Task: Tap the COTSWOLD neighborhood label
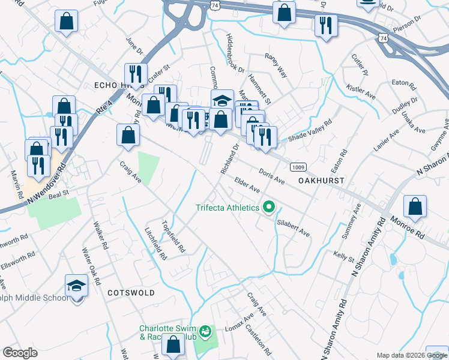coord(130,293)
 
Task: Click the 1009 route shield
coord(298,166)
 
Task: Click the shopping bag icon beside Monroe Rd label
coord(414,206)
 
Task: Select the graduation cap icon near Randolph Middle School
coord(76,285)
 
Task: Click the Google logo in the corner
coord(20,353)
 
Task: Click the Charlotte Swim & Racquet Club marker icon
coord(205,331)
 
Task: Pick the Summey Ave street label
coord(351,222)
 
